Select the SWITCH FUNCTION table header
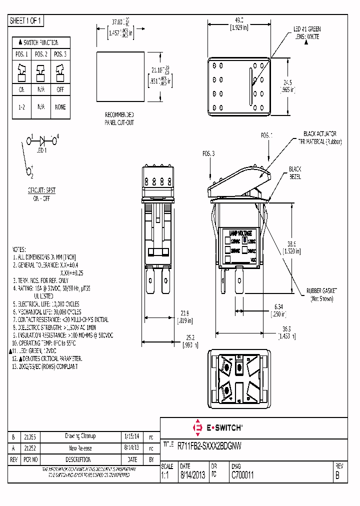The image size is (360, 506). tap(41, 42)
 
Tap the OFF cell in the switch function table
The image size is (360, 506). tap(60, 90)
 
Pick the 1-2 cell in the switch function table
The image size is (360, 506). tap(22, 107)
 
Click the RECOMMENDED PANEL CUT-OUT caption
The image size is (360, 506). tap(119, 118)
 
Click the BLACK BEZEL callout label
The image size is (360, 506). tap(294, 173)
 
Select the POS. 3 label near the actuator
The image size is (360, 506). tap(208, 153)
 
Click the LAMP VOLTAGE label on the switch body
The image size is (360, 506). tap(240, 233)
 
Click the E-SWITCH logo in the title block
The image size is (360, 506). tap(218, 427)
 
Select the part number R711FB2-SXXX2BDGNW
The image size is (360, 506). tap(210, 445)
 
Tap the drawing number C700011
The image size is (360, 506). tap(242, 476)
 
